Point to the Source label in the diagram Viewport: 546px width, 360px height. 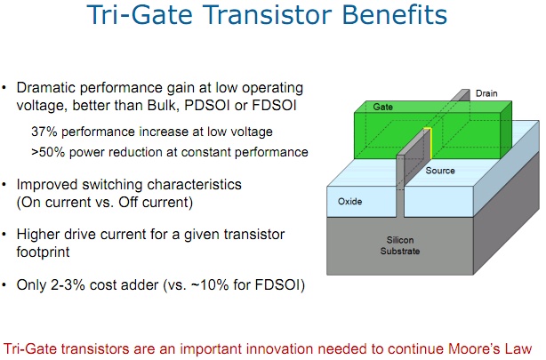(x=441, y=170)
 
